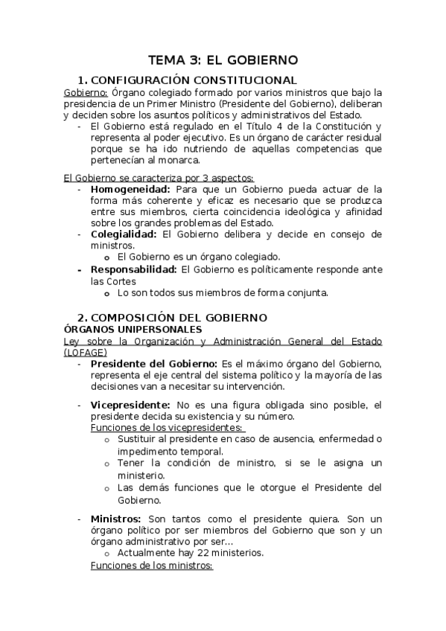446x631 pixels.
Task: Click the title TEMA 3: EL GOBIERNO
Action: point(223,60)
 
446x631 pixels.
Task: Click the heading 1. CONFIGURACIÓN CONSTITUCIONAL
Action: point(188,80)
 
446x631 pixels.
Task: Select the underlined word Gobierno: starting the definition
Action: point(86,92)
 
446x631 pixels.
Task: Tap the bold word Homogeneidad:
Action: point(125,189)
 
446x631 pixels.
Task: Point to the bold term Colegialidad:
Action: point(124,234)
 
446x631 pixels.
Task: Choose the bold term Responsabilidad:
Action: point(134,269)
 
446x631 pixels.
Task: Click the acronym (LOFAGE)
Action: point(86,352)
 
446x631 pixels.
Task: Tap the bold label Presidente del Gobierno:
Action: point(154,364)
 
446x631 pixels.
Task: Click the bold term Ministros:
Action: point(116,518)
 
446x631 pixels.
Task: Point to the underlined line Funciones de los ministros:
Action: point(151,565)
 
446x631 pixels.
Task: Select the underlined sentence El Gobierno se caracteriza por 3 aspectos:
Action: point(158,178)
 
